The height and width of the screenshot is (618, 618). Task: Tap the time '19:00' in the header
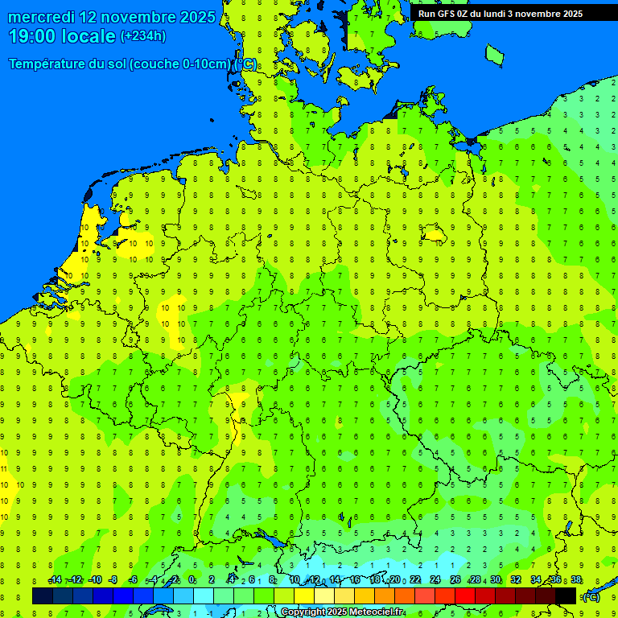coord(33,36)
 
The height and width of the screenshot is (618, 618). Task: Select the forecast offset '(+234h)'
coord(143,36)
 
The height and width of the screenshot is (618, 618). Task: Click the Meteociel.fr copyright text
coord(343,612)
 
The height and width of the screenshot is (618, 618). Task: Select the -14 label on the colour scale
coord(55,580)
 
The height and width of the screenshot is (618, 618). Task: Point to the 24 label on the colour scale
coord(435,580)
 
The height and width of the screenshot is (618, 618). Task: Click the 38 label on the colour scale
coord(576,580)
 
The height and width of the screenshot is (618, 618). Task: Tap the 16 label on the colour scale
coord(354,580)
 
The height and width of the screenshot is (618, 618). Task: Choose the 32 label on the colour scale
coord(516,580)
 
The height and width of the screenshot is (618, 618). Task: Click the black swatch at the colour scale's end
coord(566,595)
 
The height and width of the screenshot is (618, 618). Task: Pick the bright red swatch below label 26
coord(465,595)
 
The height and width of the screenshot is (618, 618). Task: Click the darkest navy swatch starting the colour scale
coord(43,595)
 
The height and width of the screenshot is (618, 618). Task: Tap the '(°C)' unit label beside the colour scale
coord(591,596)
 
